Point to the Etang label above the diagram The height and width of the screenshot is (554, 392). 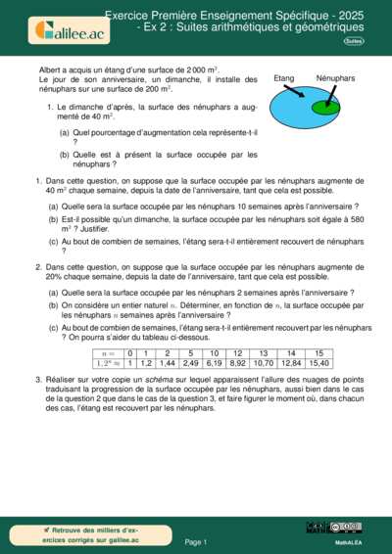tap(284, 77)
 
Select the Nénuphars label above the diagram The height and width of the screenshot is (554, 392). tap(335, 77)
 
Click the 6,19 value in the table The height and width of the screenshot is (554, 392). tap(215, 363)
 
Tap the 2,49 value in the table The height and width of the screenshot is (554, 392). tap(191, 363)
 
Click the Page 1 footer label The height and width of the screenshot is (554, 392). tap(196, 540)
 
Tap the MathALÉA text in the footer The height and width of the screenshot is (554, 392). tap(350, 540)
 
